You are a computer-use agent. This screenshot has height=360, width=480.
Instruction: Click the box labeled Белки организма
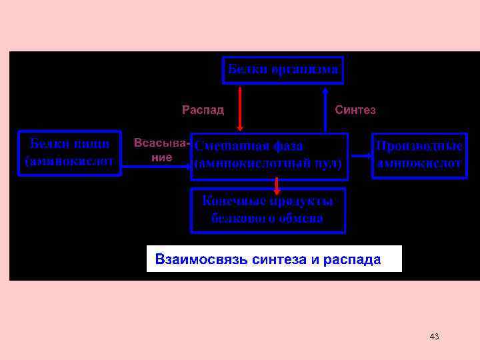[x=283, y=69]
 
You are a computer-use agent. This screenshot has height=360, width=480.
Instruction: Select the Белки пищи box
[x=69, y=153]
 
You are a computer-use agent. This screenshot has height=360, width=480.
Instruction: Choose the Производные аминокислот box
[x=419, y=155]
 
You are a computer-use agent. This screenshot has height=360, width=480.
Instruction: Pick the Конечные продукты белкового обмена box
[x=268, y=210]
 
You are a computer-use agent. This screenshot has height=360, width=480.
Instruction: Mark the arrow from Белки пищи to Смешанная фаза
[x=157, y=167]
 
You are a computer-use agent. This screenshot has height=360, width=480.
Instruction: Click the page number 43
[x=435, y=337]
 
